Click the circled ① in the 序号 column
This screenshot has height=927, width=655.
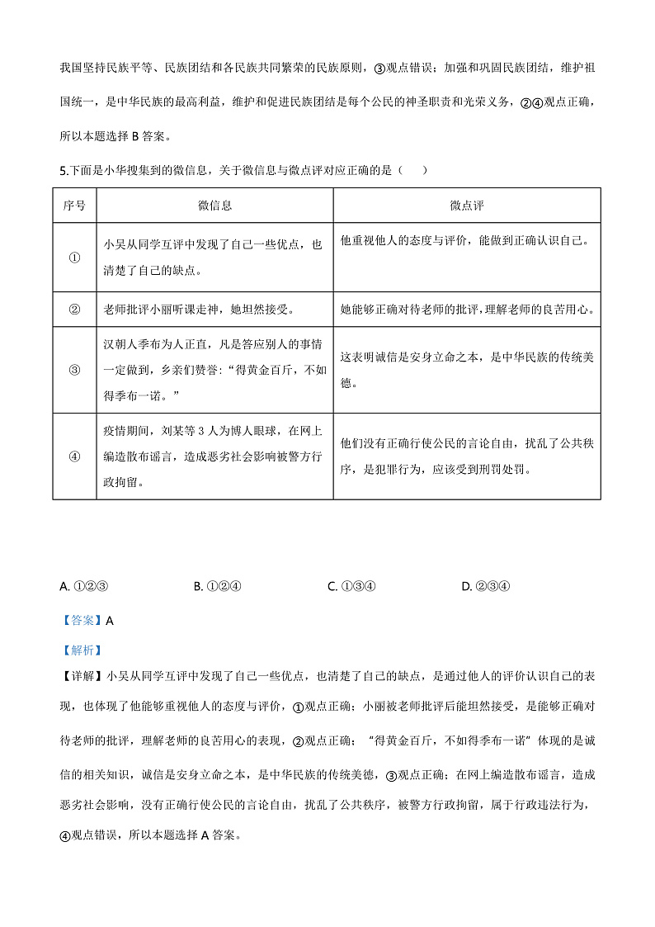pyautogui.click(x=74, y=257)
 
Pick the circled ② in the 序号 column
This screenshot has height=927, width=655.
pyautogui.click(x=74, y=310)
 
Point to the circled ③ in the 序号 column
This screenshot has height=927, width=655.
pyautogui.click(x=74, y=370)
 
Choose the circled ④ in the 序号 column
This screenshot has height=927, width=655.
pyautogui.click(x=74, y=456)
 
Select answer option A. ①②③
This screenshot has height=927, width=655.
pyautogui.click(x=85, y=587)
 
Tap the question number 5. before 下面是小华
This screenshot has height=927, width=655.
pyautogui.click(x=64, y=171)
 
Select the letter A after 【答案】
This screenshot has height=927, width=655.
pyautogui.click(x=110, y=621)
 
